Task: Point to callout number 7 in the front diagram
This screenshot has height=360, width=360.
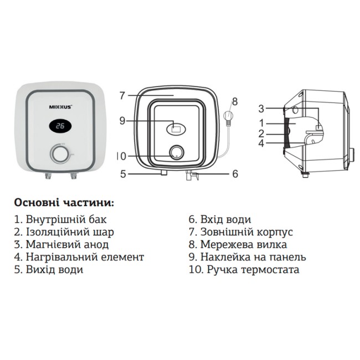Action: (x=122, y=95)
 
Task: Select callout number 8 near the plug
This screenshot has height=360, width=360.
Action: (x=234, y=101)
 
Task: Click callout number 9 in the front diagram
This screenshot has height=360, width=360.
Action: (x=122, y=120)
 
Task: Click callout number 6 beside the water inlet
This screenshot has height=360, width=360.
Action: (x=234, y=174)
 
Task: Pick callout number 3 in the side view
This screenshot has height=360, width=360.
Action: (x=261, y=109)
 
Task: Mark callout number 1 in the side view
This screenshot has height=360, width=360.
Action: (x=261, y=122)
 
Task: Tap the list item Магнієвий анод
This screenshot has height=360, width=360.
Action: (x=61, y=244)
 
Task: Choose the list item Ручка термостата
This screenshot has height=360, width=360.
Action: (x=244, y=270)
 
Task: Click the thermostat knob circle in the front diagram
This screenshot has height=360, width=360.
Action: (x=177, y=151)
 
